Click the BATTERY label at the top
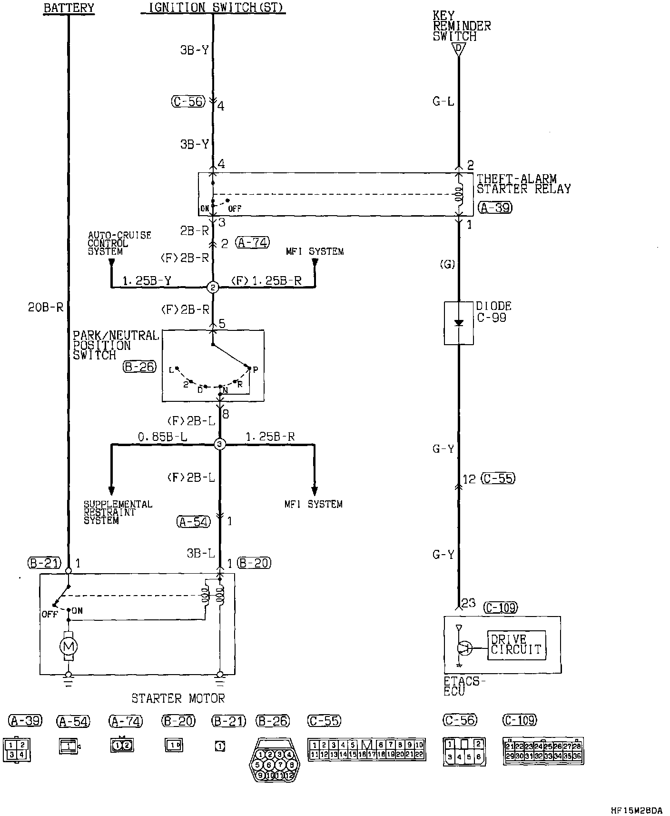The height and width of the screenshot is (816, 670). [x=69, y=8]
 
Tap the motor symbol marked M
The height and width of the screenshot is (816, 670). [x=68, y=646]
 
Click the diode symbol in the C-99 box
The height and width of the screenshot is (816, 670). [x=459, y=323]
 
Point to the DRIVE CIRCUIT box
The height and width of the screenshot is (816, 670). [x=516, y=645]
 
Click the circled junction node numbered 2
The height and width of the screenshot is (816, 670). [x=213, y=287]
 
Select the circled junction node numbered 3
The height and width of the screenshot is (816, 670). [x=219, y=445]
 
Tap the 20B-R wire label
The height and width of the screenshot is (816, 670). [x=46, y=308]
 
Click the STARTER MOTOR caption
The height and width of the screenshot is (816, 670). [x=178, y=698]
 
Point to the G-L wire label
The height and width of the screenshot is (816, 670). [x=443, y=101]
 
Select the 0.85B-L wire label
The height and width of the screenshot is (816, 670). [x=162, y=437]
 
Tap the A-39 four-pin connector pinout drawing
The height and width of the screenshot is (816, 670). [x=16, y=749]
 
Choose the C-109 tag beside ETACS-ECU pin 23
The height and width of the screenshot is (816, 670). [x=500, y=608]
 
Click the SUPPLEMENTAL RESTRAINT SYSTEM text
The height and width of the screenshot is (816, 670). [x=118, y=512]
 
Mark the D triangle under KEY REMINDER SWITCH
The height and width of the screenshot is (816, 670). [x=458, y=49]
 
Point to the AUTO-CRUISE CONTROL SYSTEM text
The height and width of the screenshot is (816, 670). [x=119, y=243]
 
